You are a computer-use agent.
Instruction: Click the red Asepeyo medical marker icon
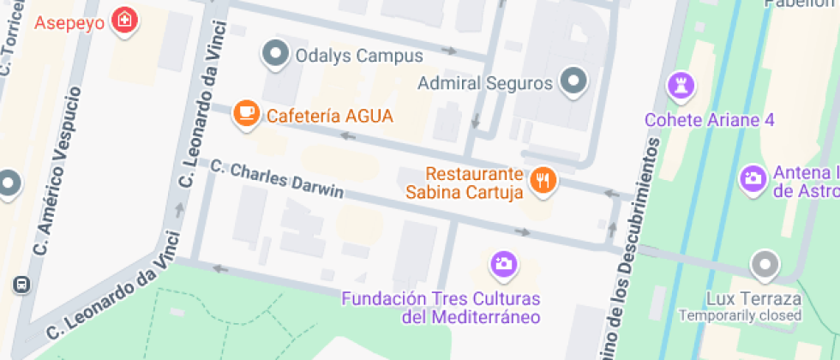125,20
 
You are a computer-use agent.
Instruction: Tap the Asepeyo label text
69,21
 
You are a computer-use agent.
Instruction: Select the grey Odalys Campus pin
275,55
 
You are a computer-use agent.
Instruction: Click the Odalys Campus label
359,57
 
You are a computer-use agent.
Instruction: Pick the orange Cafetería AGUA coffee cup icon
247,114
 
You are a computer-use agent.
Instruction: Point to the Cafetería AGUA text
329,116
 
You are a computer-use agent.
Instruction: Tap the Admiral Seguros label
485,84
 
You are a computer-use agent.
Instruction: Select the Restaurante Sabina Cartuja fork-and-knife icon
543,180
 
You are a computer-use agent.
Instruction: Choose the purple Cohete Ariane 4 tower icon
681,86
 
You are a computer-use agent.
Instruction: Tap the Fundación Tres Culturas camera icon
503,264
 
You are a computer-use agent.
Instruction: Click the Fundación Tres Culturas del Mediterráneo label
441,308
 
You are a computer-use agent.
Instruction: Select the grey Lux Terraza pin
763,264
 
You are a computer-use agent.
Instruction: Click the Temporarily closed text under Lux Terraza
741,315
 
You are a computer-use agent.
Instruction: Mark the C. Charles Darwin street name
276,179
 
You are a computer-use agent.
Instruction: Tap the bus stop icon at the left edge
21,285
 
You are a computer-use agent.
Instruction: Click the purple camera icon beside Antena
752,179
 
